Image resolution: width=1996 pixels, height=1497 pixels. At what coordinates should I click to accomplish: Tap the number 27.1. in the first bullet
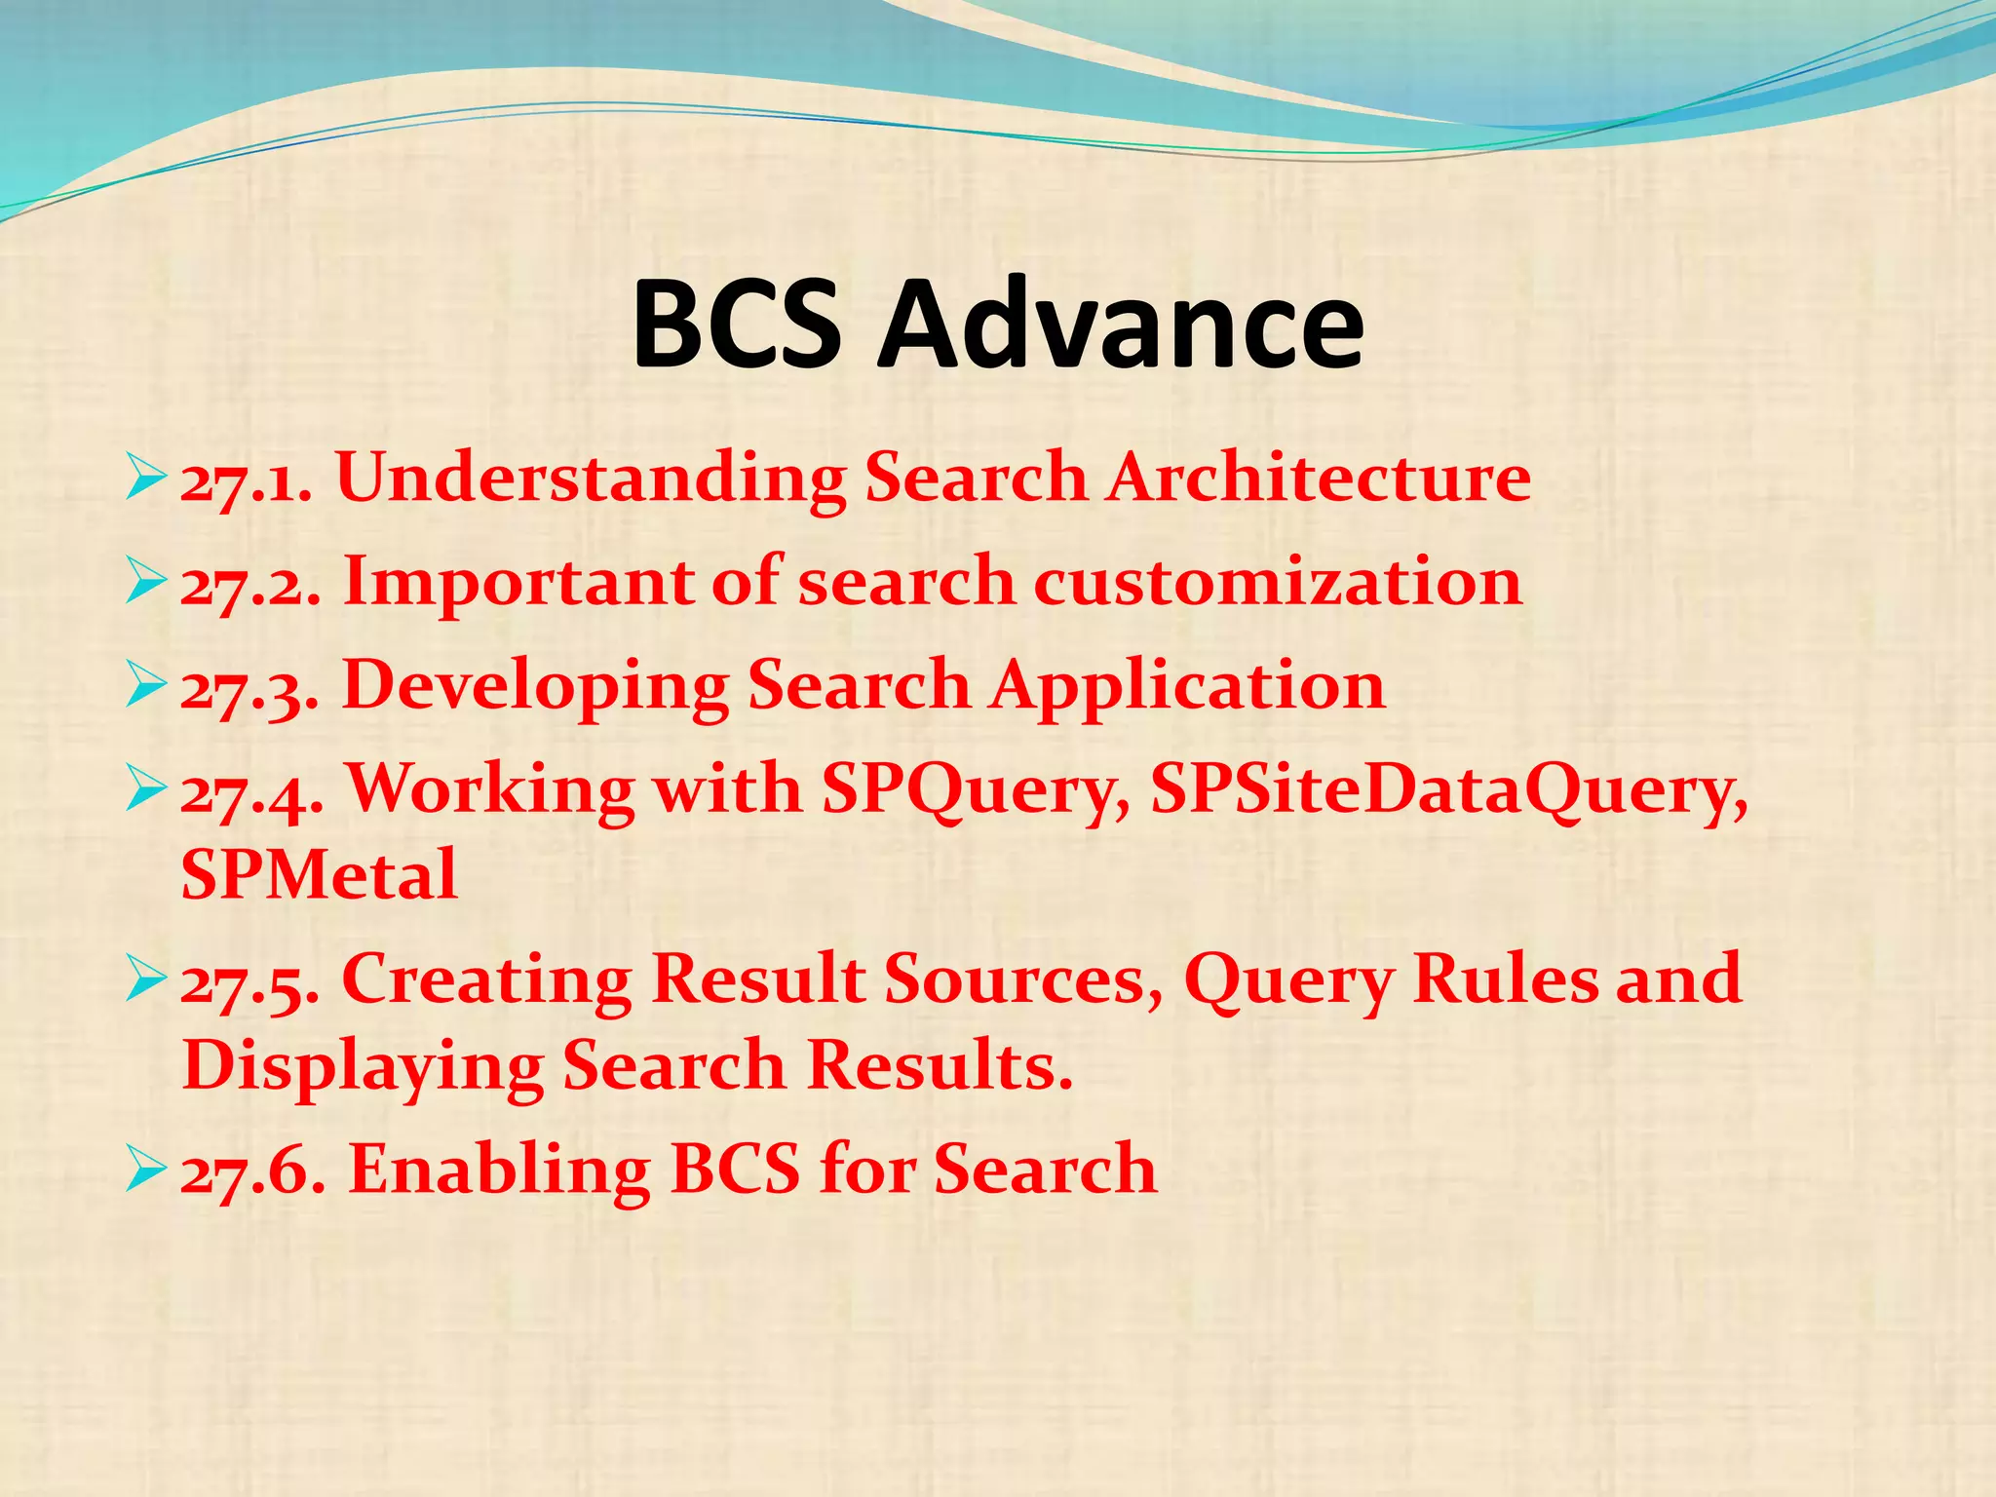(247, 480)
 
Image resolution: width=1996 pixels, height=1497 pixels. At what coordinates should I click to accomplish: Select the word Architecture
(1317, 478)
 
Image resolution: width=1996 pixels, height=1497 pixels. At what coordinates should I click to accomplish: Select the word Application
(1188, 685)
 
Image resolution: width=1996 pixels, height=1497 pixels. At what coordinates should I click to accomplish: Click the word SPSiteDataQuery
(1448, 789)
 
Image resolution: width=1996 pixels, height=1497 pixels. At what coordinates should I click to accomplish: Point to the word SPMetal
(319, 874)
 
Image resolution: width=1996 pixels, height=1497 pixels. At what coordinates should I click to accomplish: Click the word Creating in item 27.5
(486, 979)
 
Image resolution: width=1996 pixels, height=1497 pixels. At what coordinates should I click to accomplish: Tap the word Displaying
(363, 1066)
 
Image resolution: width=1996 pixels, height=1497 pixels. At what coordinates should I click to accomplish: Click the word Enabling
(499, 1169)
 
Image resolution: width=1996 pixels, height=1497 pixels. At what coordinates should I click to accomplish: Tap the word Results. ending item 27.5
(940, 1064)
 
